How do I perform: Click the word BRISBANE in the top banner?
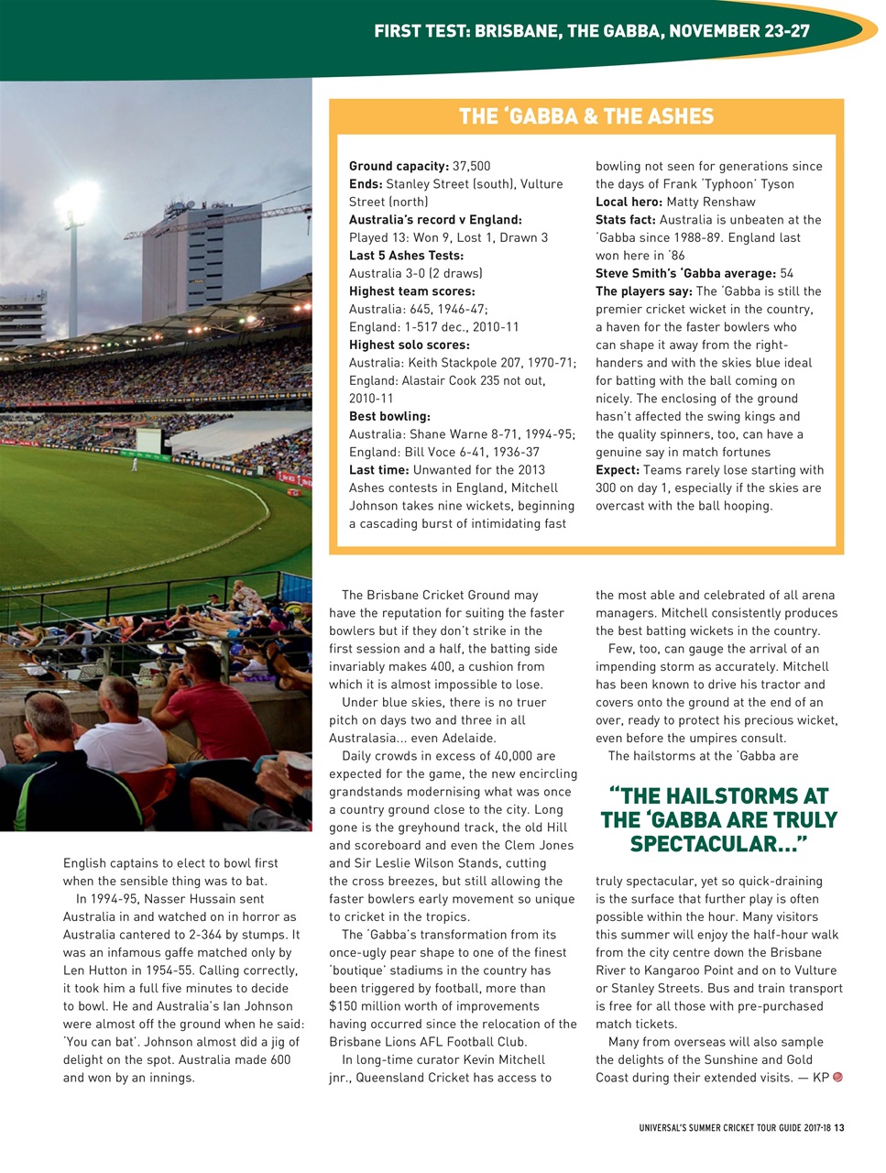[x=517, y=31]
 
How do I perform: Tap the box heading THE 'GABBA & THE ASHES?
[x=585, y=116]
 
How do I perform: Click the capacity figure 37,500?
[x=472, y=166]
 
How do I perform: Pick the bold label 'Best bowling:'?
[x=389, y=416]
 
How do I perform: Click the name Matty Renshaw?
[x=711, y=202]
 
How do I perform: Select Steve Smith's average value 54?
[x=787, y=273]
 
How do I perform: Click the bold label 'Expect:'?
[x=618, y=470]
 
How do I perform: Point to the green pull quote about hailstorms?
[x=719, y=819]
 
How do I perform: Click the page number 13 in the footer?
[x=838, y=1128]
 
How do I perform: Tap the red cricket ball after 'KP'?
[x=837, y=1077]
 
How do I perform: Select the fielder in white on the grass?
[x=135, y=464]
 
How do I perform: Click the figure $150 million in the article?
[x=365, y=1006]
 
